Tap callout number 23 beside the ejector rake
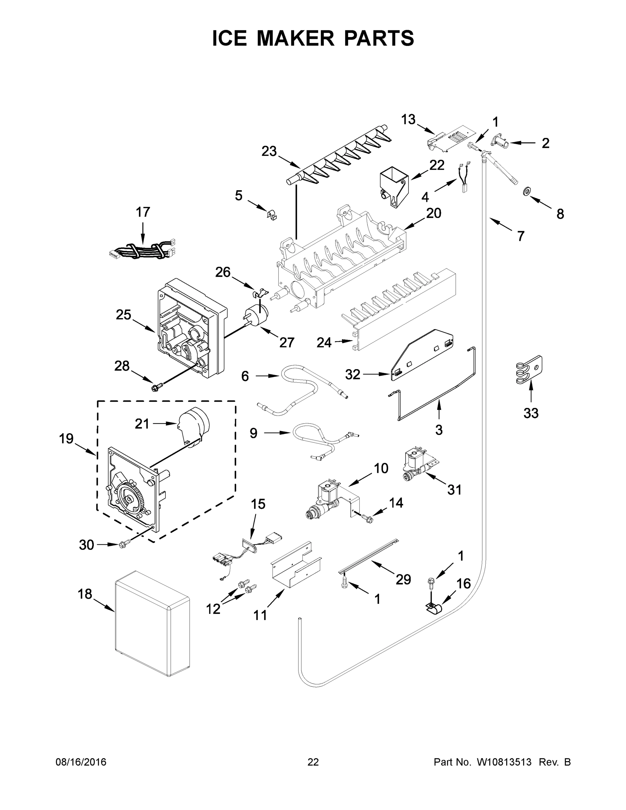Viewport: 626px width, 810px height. [x=269, y=151]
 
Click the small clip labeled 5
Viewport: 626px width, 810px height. [x=273, y=214]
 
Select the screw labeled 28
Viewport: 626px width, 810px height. [x=154, y=387]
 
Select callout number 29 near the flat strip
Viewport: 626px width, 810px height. [x=403, y=579]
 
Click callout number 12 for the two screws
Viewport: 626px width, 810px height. [x=213, y=609]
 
